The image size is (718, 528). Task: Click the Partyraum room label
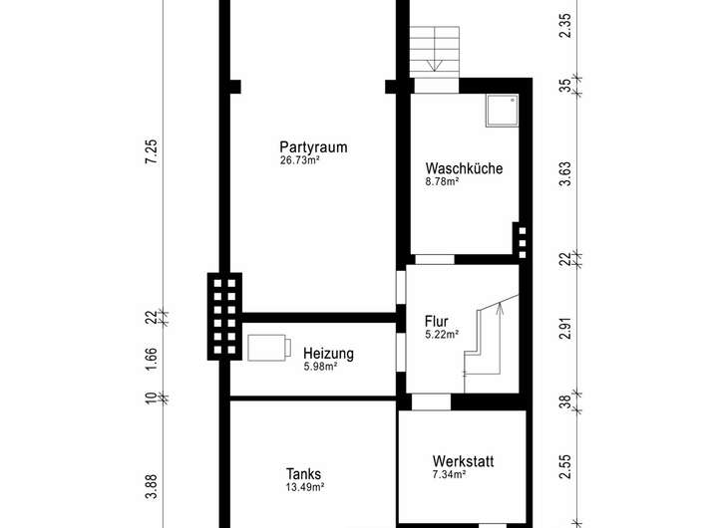point(313,147)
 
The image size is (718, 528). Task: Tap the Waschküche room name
point(464,168)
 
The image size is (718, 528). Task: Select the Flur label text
point(436,321)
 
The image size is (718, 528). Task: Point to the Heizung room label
point(328,354)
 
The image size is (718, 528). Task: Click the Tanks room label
point(303,474)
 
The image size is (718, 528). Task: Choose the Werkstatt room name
point(463,461)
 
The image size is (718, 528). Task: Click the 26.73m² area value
point(300,160)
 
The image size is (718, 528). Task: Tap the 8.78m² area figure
point(442,181)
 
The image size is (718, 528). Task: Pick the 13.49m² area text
point(305,487)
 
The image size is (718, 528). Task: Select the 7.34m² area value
point(449,474)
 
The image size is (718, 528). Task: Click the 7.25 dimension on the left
point(152,151)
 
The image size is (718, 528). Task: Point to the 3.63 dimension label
point(566,174)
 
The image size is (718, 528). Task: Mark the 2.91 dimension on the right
point(566,329)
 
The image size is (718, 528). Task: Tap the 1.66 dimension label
point(152,360)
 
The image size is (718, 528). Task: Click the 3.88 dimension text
point(152,486)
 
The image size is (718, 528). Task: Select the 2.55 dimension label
point(566,466)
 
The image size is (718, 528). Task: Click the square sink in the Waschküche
point(503,111)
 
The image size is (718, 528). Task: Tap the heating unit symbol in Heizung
point(269,349)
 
